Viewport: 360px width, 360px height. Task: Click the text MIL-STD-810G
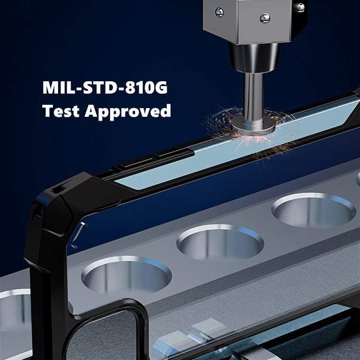point(105,87)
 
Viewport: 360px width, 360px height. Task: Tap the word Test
point(61,111)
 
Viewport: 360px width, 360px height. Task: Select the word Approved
point(128,112)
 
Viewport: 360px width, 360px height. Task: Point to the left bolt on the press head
point(219,12)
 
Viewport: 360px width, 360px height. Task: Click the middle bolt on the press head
point(265,18)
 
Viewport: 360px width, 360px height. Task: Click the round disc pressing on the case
point(252,125)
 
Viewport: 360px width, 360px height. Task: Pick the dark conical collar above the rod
point(254,57)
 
